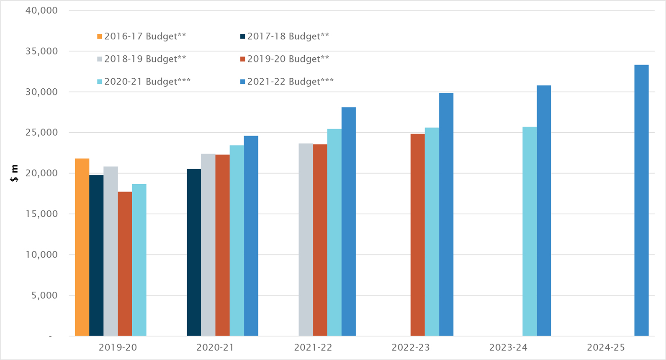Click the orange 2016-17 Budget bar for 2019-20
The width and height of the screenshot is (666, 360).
coord(82,247)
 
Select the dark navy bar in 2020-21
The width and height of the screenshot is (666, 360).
coord(194,252)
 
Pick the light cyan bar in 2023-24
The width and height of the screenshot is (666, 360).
coord(530,231)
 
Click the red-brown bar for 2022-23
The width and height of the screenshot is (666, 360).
coord(417,234)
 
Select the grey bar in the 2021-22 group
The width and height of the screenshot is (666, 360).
coord(306,239)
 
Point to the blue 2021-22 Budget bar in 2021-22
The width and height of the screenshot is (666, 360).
coord(348,221)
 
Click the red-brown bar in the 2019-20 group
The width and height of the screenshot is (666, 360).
coord(125,264)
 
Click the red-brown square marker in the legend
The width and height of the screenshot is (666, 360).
coord(242,59)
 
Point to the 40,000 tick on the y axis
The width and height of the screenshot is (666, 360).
coord(41,10)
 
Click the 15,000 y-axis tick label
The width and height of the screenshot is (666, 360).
coord(41,214)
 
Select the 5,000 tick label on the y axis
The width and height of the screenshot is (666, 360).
coord(44,296)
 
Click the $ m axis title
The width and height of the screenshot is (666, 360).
coord(15,173)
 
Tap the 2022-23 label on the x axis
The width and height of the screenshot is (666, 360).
coord(410,347)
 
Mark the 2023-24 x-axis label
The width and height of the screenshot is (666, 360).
coord(508,347)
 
